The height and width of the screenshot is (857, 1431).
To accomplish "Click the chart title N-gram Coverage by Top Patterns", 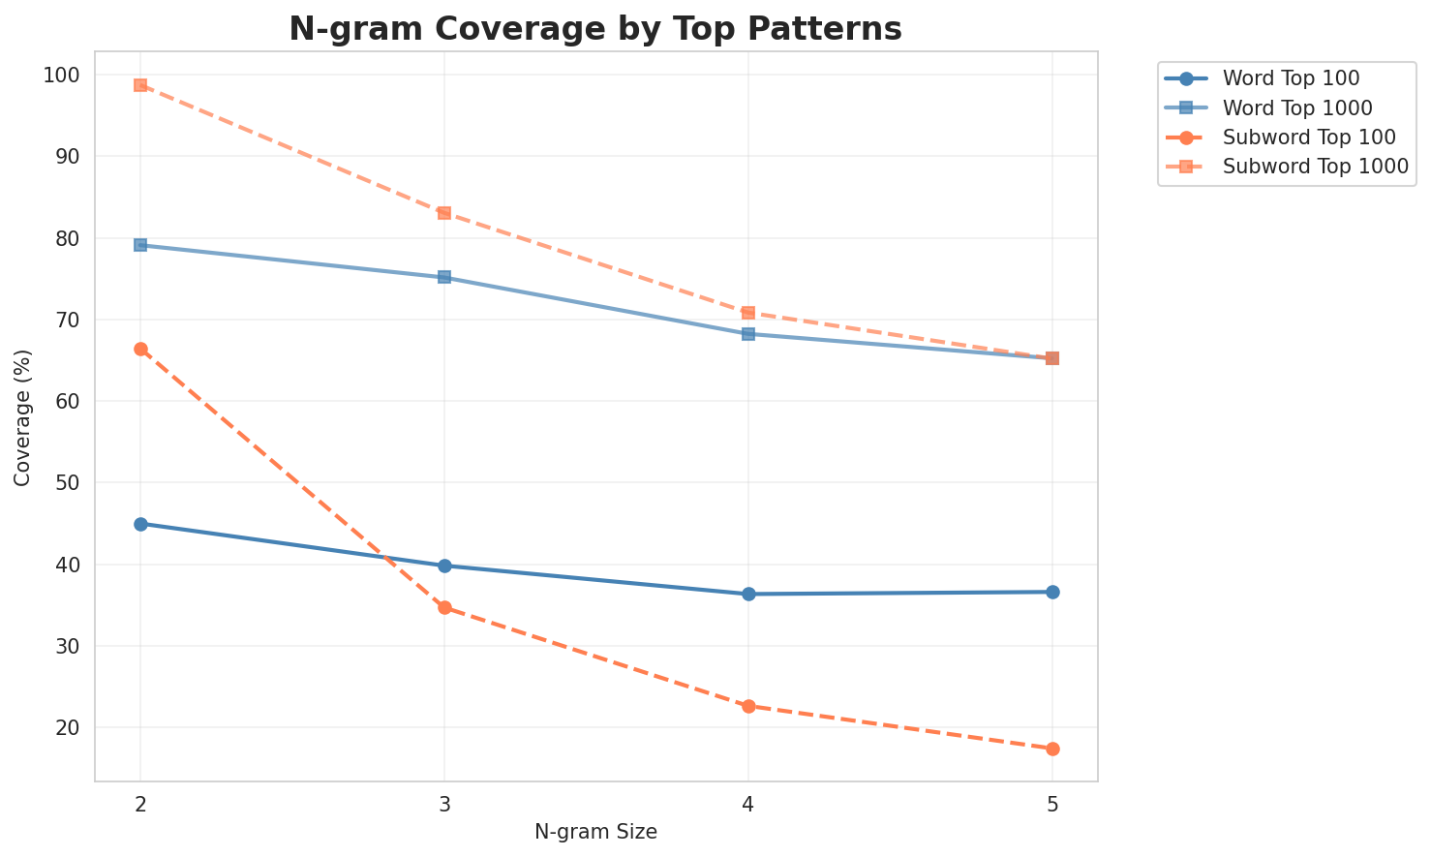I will [x=595, y=29].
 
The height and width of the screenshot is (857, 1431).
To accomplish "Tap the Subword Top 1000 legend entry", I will [x=1315, y=166].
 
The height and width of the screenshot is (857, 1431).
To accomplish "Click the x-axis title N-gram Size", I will [x=595, y=832].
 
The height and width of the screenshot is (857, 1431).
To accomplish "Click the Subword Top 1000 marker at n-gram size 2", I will [x=140, y=85].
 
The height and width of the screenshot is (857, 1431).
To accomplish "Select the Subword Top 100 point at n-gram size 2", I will [x=140, y=349].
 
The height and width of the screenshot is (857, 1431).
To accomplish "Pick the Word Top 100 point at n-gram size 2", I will [x=140, y=524].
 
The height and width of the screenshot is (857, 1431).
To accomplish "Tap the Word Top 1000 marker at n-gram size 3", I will [x=444, y=277].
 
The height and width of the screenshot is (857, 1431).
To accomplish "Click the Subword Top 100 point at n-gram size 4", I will [x=748, y=706].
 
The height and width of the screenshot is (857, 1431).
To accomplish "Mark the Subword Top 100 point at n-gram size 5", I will [x=1052, y=749].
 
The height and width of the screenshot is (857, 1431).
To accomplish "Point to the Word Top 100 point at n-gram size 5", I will [x=1052, y=592].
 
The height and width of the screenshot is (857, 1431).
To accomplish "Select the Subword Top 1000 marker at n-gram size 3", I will [x=444, y=213].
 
